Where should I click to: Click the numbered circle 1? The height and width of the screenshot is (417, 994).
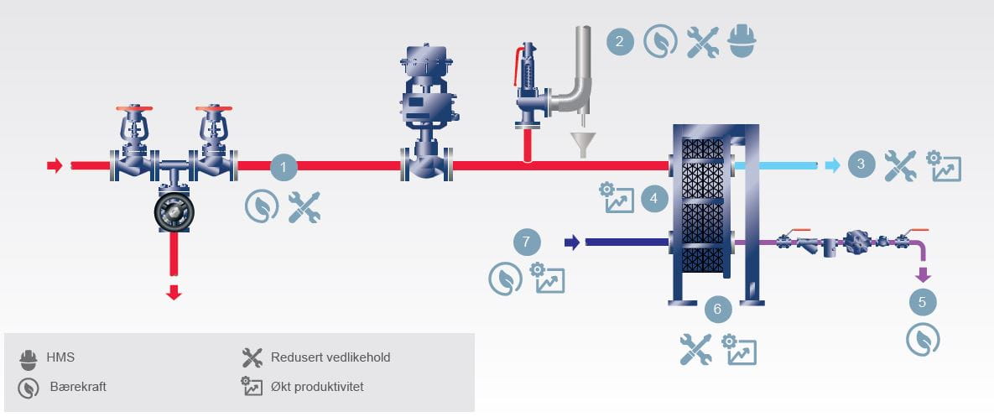(284, 167)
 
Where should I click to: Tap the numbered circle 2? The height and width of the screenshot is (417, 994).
(619, 41)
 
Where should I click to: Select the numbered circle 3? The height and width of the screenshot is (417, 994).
(861, 164)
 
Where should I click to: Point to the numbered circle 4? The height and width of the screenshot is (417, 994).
(654, 200)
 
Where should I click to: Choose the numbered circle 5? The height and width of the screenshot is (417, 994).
(923, 302)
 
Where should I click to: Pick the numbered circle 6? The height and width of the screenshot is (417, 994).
(717, 309)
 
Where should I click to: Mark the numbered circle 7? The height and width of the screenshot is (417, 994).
(527, 242)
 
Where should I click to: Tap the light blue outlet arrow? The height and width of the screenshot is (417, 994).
(831, 165)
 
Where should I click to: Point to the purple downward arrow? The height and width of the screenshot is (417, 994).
(923, 274)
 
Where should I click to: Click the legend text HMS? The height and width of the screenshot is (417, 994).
(60, 357)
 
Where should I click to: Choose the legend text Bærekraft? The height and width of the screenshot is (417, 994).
(77, 387)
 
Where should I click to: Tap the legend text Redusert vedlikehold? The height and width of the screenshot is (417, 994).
(330, 357)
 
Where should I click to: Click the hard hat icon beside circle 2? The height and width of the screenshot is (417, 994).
(742, 41)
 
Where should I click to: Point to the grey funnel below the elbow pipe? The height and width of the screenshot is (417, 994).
(580, 143)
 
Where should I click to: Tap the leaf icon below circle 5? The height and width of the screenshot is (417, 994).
(923, 340)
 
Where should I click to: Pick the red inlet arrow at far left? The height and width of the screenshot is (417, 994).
(55, 165)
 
